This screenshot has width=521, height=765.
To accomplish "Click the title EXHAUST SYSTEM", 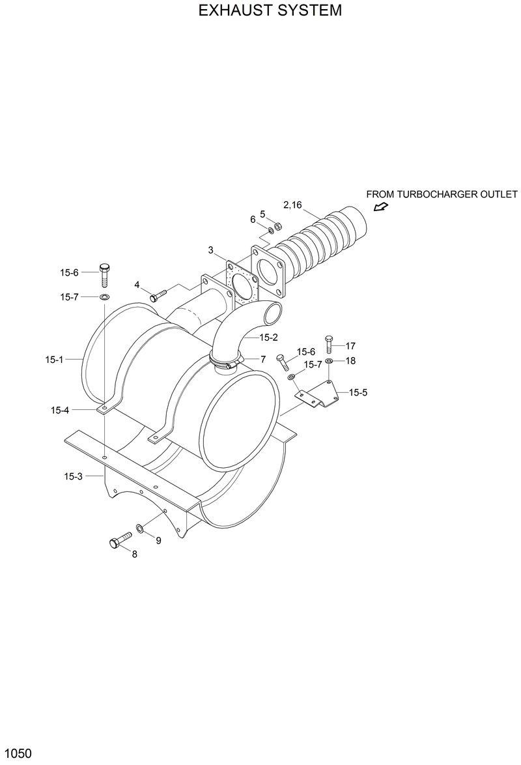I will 260,11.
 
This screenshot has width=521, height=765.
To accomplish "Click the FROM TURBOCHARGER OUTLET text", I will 442,194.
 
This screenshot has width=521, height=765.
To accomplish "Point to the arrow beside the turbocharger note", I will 380,207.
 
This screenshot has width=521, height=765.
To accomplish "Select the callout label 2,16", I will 292,205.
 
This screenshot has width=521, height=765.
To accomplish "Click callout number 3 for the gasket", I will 211,250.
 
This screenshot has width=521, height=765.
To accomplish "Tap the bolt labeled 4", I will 159,295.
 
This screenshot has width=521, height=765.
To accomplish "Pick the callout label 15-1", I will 55,359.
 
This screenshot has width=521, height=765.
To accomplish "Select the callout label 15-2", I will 268,338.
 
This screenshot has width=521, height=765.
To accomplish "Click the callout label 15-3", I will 73,476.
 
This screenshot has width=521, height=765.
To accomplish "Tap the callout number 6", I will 253,220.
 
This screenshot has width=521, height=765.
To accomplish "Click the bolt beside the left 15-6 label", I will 104,274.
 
